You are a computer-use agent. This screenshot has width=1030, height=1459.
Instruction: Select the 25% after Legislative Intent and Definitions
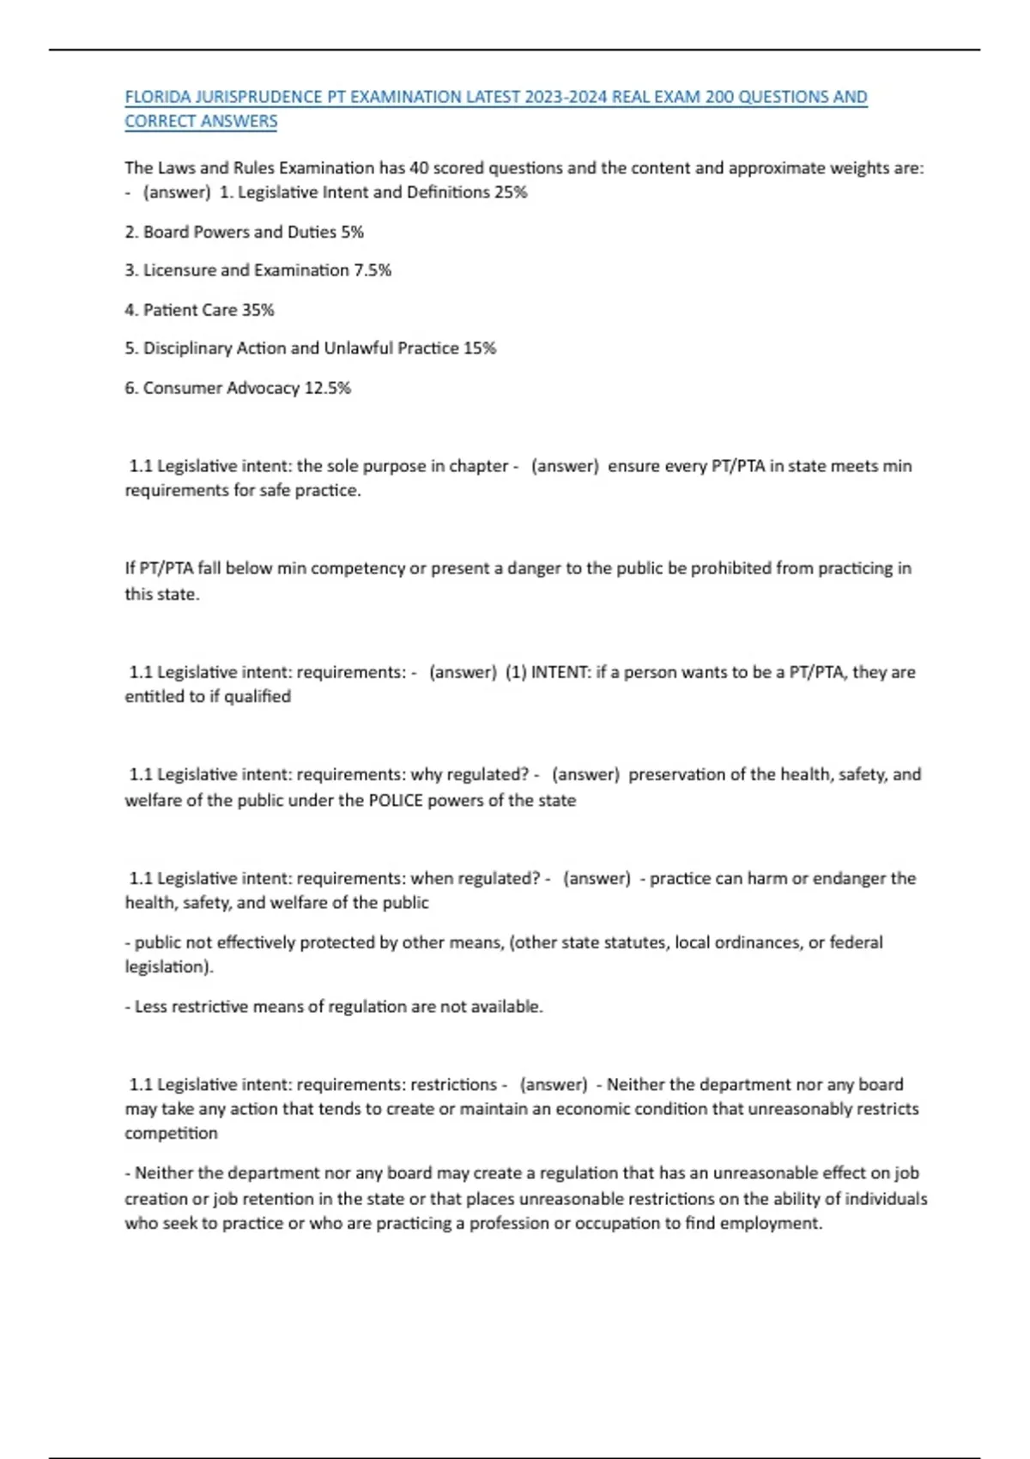pos(511,192)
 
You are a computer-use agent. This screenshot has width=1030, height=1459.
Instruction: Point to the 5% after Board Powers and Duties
pos(352,232)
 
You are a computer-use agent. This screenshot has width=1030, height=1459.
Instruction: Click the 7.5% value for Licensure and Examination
pos(373,270)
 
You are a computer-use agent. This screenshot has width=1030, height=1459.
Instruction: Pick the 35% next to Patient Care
pos(257,310)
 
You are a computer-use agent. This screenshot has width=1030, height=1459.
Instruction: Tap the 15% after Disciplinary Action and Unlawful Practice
pos(480,348)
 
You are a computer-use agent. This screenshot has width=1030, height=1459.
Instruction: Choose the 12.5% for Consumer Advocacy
pos(328,388)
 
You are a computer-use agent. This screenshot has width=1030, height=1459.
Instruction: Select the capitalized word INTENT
pos(559,672)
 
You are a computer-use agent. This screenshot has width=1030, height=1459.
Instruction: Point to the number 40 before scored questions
pos(419,168)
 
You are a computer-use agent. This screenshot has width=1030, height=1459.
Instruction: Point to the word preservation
pos(676,775)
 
